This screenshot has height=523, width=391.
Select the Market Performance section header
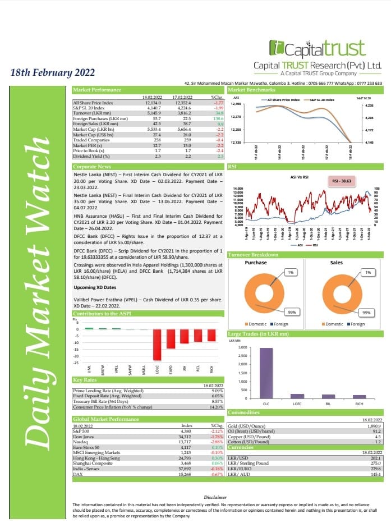click(x=97, y=90)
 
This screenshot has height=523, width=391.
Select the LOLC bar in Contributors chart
click(x=158, y=344)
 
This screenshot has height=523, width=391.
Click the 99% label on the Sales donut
click(x=366, y=313)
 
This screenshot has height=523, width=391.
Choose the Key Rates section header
click(x=85, y=380)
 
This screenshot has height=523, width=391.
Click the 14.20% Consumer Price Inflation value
click(x=216, y=407)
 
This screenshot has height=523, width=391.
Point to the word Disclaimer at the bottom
click(x=215, y=497)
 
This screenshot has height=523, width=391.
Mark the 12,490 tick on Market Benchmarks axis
click(x=236, y=104)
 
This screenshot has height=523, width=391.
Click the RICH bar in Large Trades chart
click(x=358, y=396)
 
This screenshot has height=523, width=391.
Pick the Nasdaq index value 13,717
click(x=184, y=442)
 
